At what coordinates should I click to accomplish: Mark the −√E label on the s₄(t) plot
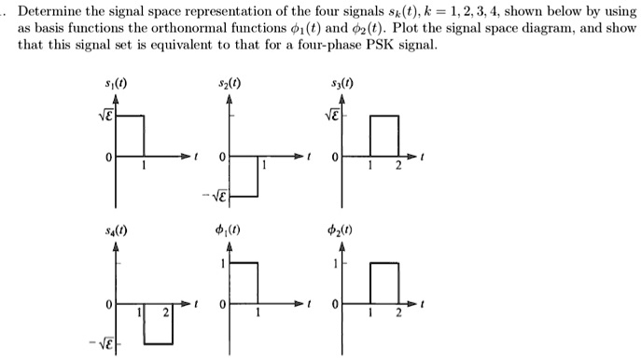(x=101, y=342)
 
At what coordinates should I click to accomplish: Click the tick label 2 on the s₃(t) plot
(x=398, y=166)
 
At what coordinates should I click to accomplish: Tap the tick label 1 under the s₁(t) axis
(x=143, y=166)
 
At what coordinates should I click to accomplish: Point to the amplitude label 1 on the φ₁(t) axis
(x=220, y=264)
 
